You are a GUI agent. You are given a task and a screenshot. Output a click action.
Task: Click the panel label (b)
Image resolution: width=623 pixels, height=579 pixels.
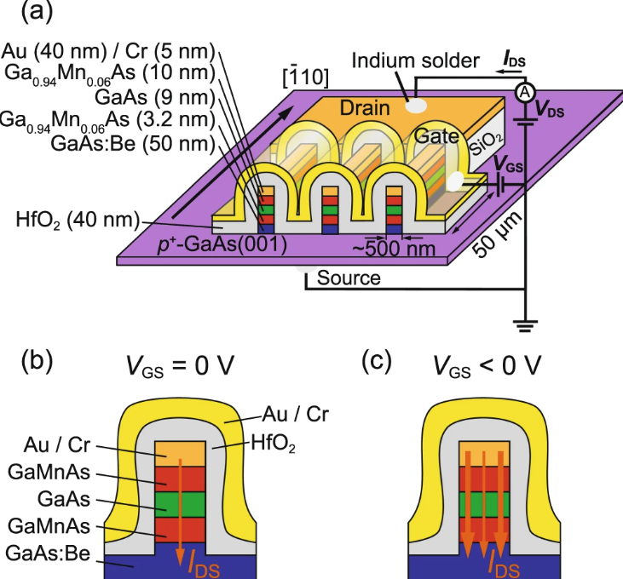[x=37, y=361]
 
